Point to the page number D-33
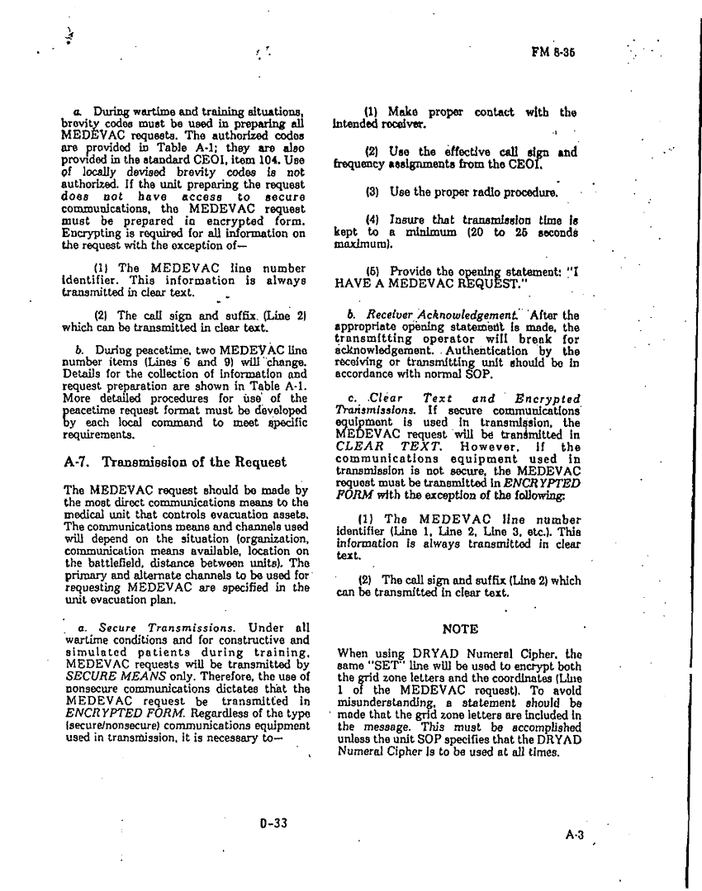(x=272, y=822)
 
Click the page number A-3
(x=575, y=835)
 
